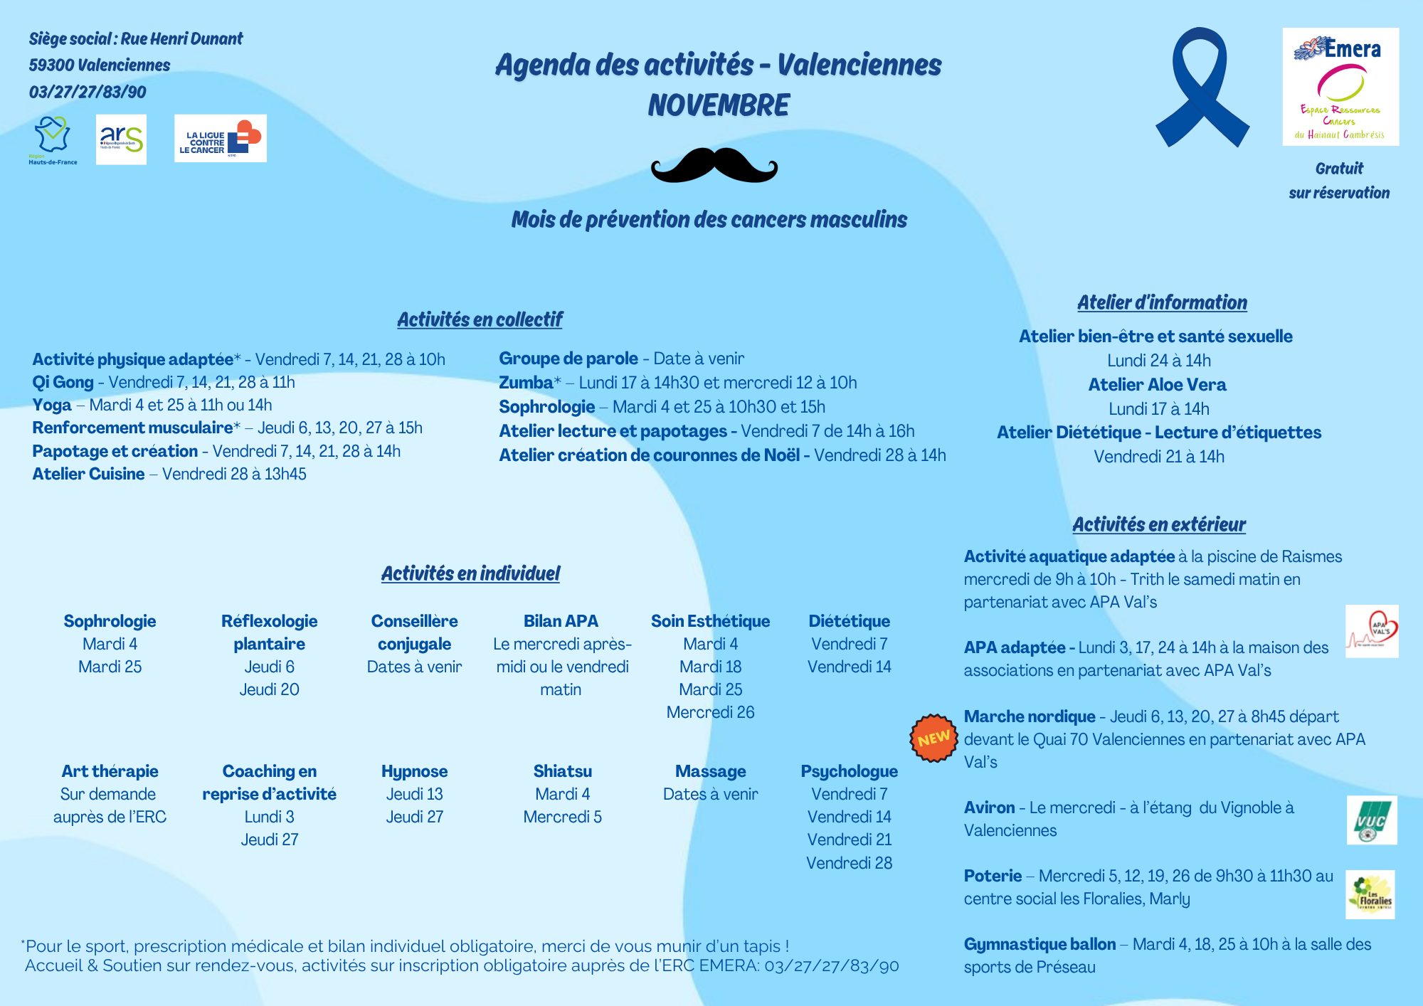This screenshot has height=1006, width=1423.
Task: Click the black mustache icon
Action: click(714, 165)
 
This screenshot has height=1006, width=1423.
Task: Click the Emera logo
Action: click(1340, 87)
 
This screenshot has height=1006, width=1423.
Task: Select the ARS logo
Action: click(121, 139)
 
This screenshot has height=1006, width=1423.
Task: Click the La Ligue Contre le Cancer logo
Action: click(221, 139)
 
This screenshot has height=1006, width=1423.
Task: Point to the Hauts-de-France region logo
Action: click(53, 140)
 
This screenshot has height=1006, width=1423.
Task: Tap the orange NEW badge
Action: click(933, 738)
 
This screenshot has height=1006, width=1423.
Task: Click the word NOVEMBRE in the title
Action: click(718, 105)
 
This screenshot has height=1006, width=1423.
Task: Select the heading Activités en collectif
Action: click(480, 319)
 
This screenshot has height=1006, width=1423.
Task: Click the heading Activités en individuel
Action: click(470, 573)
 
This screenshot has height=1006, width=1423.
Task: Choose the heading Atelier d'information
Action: click(1162, 302)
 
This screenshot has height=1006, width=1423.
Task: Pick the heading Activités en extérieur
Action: click(1159, 524)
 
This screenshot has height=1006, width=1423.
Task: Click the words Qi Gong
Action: click(63, 382)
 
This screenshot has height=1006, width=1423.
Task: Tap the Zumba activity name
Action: click(526, 383)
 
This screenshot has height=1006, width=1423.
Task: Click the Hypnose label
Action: click(414, 771)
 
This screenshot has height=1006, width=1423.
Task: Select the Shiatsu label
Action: click(562, 771)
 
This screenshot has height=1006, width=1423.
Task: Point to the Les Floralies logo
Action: click(1371, 894)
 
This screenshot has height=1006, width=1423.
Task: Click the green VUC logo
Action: click(1372, 820)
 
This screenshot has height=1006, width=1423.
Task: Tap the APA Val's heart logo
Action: click(1372, 631)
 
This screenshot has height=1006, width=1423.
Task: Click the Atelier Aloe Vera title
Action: click(1158, 385)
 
